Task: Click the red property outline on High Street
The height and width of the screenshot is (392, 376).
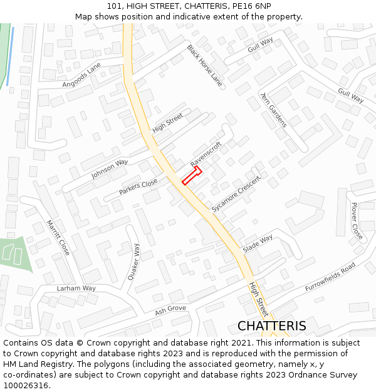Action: (191, 176)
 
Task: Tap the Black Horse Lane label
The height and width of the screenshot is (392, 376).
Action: (204, 65)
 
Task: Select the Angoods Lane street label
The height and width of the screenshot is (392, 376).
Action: (81, 75)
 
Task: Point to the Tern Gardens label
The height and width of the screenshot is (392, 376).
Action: (273, 109)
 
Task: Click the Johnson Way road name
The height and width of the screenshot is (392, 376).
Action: (110, 169)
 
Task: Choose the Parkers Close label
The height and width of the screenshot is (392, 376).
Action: (138, 187)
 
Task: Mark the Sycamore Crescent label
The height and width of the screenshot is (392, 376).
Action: (236, 193)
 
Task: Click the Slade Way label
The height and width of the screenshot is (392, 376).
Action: (258, 243)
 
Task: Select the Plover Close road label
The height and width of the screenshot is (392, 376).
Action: (357, 221)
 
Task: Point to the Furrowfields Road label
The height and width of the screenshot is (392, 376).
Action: (330, 277)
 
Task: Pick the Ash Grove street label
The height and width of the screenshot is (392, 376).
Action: (170, 309)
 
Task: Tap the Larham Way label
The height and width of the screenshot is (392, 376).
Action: (76, 289)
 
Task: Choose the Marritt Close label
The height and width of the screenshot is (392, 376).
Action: (58, 237)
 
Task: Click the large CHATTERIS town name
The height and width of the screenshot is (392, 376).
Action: (272, 326)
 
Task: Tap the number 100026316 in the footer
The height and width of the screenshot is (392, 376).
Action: (26, 385)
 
